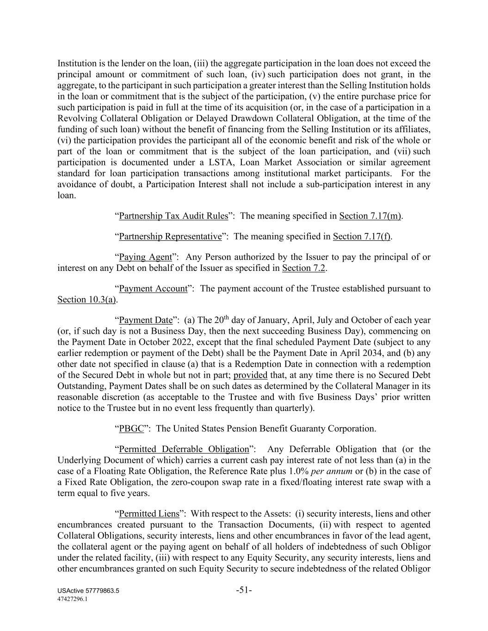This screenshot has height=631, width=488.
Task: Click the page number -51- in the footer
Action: [x=244, y=590]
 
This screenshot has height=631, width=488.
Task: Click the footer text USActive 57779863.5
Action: [x=88, y=591]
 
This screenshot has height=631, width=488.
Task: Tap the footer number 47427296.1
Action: [x=73, y=599]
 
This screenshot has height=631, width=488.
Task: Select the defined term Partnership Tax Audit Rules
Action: [x=173, y=216]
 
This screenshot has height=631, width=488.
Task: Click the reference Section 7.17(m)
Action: [x=370, y=216]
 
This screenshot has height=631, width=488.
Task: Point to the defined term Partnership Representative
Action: [x=170, y=237]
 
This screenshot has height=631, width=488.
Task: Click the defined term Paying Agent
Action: [x=145, y=257]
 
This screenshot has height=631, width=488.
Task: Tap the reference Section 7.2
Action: [x=303, y=268]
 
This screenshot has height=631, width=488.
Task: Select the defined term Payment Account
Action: [x=153, y=288]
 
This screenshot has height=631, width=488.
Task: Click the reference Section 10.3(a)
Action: [x=86, y=300]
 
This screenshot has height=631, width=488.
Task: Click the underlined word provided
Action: [x=250, y=375]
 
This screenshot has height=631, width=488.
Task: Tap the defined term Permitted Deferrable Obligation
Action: [x=184, y=449]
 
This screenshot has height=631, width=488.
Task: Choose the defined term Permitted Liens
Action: [x=148, y=514]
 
